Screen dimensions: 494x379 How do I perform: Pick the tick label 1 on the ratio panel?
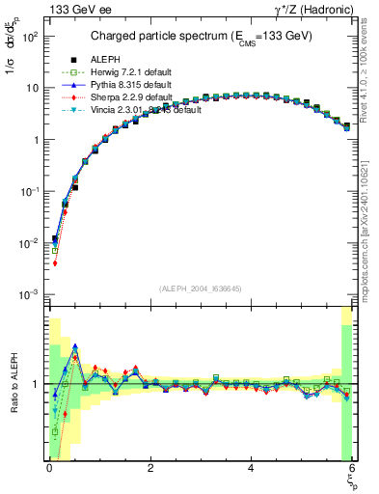(37, 385)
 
